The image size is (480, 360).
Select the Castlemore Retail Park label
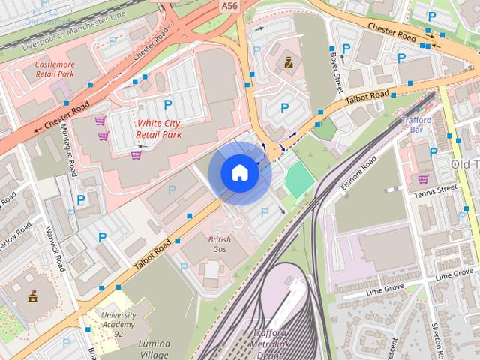click(55, 70)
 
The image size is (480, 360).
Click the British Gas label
click(220, 244)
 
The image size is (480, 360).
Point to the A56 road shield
click(229, 5)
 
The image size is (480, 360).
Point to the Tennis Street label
click(435, 193)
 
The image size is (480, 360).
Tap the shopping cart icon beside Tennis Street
click(423, 179)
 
